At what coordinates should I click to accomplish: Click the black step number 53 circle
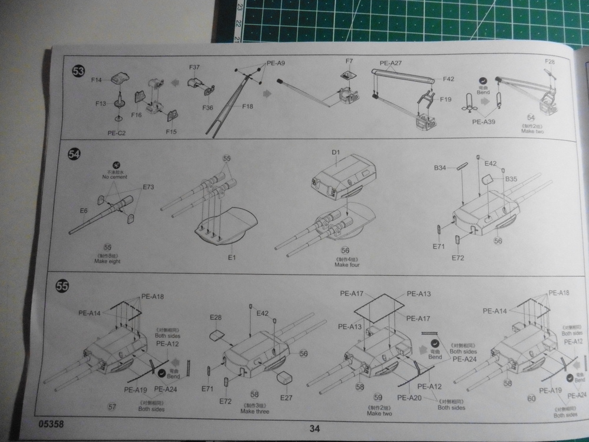click(x=78, y=71)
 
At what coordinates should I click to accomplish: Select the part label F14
click(x=97, y=80)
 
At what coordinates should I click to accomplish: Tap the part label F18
click(x=248, y=107)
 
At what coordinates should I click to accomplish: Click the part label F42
click(x=448, y=78)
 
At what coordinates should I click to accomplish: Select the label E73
click(x=148, y=187)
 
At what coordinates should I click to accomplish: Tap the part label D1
click(x=336, y=153)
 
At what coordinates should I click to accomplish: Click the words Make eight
click(x=107, y=261)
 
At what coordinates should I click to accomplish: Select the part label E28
click(x=216, y=318)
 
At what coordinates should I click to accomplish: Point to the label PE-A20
click(x=408, y=398)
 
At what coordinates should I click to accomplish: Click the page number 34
click(x=315, y=429)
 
